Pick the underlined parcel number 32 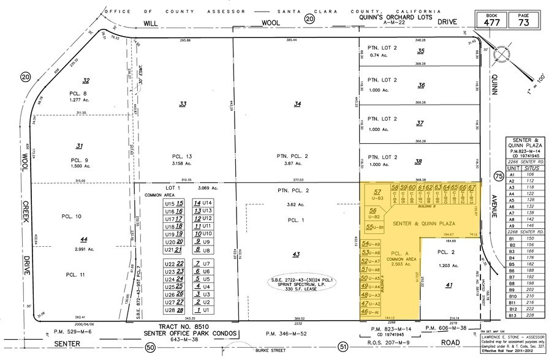86,80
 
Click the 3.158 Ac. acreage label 182,163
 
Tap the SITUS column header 532,166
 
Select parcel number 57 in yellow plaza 377,192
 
